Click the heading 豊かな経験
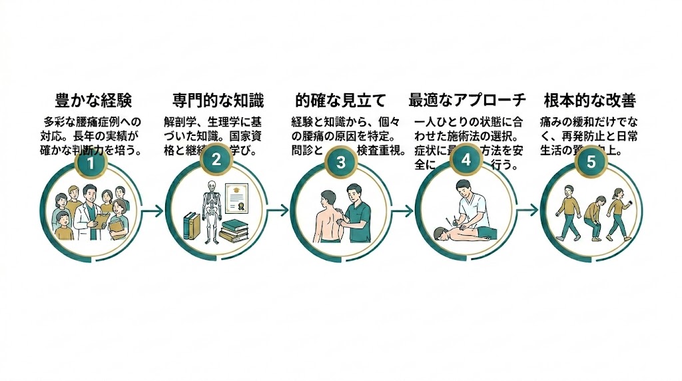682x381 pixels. [x=93, y=101]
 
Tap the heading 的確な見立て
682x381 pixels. [x=340, y=101]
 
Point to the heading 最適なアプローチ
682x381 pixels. [x=467, y=101]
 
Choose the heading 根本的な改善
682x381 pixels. [x=589, y=101]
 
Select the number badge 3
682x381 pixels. [x=340, y=163]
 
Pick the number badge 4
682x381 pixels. [x=466, y=161]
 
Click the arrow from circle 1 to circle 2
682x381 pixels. [x=153, y=211]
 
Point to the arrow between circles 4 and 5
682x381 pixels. [x=527, y=209]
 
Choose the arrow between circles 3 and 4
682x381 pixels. [x=402, y=211]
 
